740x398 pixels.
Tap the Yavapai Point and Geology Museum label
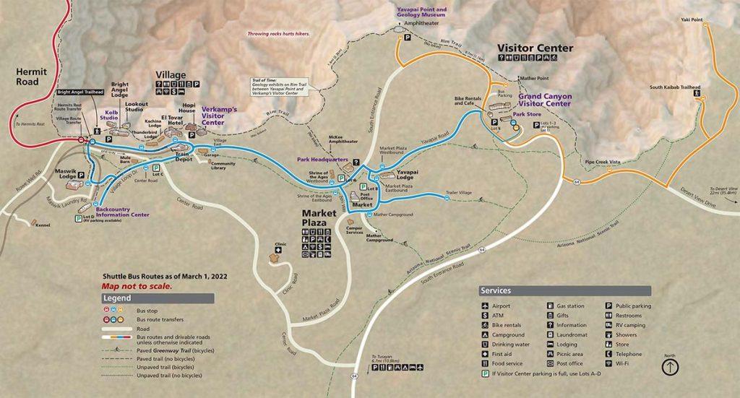pyautogui.click(x=421, y=13)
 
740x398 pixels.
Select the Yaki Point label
pyautogui.click(x=691, y=20)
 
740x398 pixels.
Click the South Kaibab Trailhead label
pyautogui.click(x=675, y=87)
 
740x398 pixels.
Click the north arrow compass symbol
pyautogui.click(x=670, y=367)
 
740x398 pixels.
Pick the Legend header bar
pyautogui.click(x=158, y=298)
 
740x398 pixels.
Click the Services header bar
pyautogui.click(x=564, y=290)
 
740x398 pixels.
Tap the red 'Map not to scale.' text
pyautogui.click(x=137, y=286)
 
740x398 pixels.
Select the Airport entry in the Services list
pyautogui.click(x=501, y=306)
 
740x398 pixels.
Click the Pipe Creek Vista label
pyautogui.click(x=604, y=163)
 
